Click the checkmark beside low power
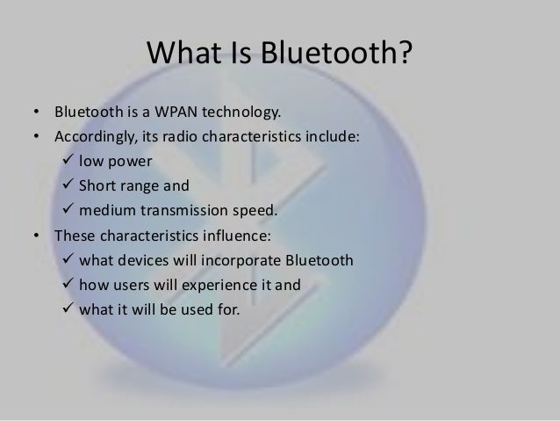click(x=68, y=162)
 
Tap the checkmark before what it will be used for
click(x=68, y=308)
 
